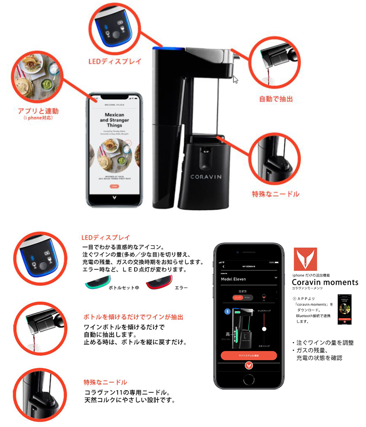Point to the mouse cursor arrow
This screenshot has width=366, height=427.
(235, 79)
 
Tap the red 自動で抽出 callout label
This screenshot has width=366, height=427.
(276, 99)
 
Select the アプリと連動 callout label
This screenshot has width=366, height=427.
(39, 111)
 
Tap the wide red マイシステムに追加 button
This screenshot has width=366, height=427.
(248, 355)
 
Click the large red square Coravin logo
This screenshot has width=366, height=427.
(305, 259)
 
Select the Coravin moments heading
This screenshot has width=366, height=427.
(325, 282)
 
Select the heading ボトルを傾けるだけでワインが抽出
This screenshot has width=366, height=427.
(133, 317)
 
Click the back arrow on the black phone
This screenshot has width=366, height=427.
(223, 266)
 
